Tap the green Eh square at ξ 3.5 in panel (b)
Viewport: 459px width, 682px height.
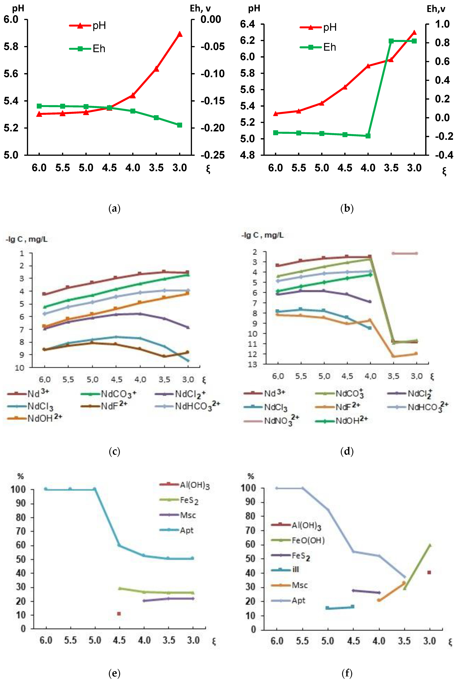click(391, 41)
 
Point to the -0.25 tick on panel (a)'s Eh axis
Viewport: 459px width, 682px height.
click(213, 155)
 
